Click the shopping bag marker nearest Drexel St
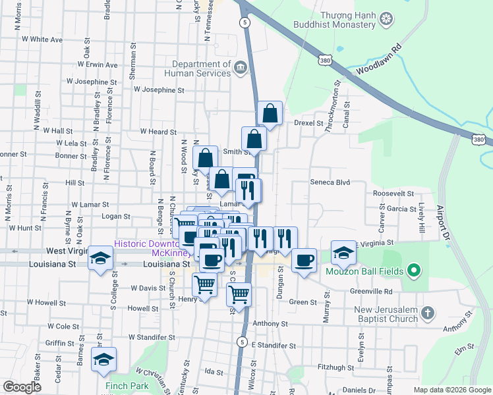[270, 113]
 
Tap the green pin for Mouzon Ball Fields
[414, 270]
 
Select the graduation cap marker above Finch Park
[103, 359]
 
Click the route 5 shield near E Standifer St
[243, 342]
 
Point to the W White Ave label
[42, 39]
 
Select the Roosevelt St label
[393, 194]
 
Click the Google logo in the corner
[22, 387]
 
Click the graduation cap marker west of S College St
[101, 258]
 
